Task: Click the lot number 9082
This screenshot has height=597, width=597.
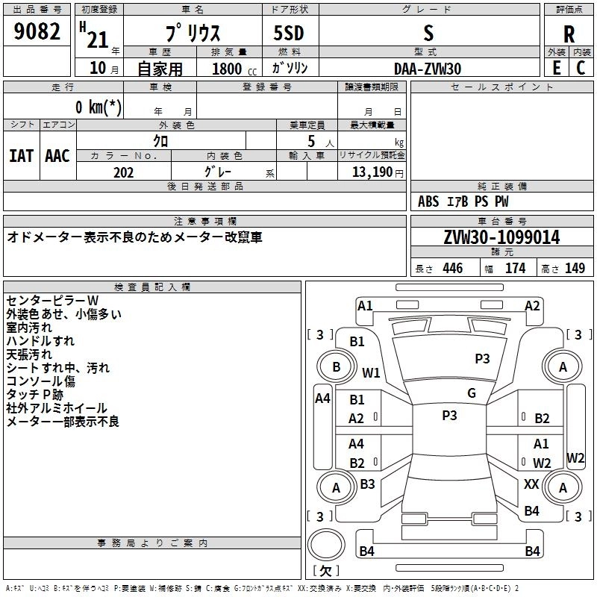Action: pyautogui.click(x=37, y=32)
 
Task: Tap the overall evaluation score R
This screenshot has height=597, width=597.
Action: pyautogui.click(x=569, y=34)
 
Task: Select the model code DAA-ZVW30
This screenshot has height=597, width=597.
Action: pyautogui.click(x=428, y=68)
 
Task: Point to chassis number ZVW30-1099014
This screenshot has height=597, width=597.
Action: pyautogui.click(x=501, y=237)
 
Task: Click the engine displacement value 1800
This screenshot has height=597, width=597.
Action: pyautogui.click(x=227, y=69)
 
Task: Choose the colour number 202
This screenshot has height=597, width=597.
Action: pyautogui.click(x=123, y=172)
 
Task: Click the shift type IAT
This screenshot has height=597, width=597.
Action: pyautogui.click(x=21, y=156)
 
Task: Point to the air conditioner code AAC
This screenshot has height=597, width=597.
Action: pyautogui.click(x=57, y=156)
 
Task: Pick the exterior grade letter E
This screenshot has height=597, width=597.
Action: pyautogui.click(x=556, y=68)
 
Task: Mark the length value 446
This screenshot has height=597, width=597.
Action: pyautogui.click(x=452, y=269)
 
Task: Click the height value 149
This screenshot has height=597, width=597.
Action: pyautogui.click(x=575, y=269)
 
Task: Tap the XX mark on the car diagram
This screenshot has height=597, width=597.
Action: pyautogui.click(x=531, y=484)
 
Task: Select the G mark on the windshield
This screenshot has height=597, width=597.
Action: pyautogui.click(x=472, y=393)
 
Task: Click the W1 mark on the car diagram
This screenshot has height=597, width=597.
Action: pyautogui.click(x=371, y=372)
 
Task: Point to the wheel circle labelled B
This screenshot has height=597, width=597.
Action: pyautogui.click(x=337, y=367)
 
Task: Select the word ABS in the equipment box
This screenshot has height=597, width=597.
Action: pyautogui.click(x=428, y=201)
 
